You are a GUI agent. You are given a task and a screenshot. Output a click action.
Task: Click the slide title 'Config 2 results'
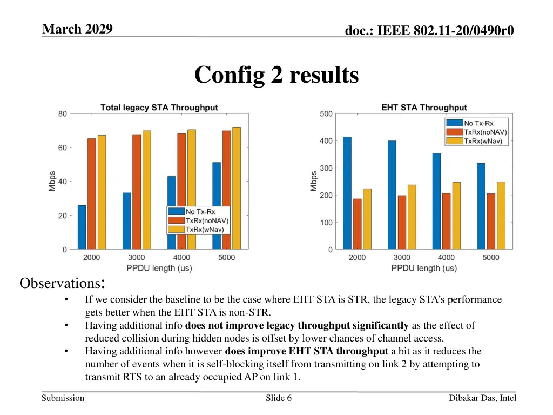click(x=276, y=75)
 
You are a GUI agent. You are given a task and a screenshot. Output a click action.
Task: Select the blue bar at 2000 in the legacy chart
click(x=82, y=227)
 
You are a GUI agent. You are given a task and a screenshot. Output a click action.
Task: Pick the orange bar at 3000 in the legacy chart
click(x=137, y=192)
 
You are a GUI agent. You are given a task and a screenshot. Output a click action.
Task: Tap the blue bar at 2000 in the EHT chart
click(x=347, y=193)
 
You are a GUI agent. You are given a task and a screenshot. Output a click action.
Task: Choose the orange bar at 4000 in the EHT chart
click(x=446, y=221)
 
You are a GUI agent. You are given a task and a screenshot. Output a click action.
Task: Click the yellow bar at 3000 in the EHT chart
click(x=412, y=217)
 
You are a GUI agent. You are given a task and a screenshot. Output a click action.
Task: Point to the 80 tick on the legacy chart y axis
click(x=63, y=113)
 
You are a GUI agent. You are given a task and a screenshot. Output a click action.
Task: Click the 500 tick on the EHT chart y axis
click(x=326, y=113)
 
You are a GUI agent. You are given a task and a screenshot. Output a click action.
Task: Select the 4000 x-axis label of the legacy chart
click(x=181, y=258)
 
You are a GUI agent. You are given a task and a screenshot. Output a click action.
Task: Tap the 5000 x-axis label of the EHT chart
click(x=491, y=258)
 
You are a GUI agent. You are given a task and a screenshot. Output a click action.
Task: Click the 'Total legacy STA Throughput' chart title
click(x=159, y=108)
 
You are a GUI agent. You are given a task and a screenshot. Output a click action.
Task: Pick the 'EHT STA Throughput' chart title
click(x=424, y=108)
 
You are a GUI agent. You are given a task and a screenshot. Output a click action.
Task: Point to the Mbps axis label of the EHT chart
click(x=314, y=181)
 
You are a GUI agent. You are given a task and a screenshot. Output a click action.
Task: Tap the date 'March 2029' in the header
click(x=77, y=29)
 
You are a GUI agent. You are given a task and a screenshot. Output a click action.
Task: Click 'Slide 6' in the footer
click(x=279, y=398)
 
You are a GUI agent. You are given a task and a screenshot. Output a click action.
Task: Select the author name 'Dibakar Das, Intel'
click(x=482, y=398)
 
